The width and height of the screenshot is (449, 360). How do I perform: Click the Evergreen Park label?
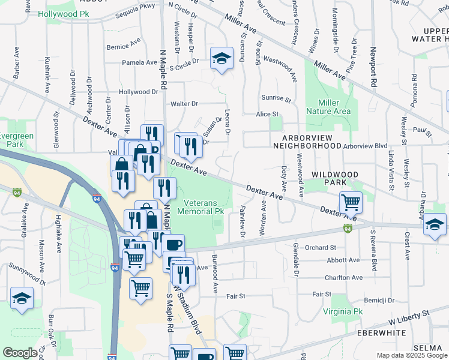click(x=16, y=140)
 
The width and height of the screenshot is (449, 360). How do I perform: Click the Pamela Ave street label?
click(x=139, y=62)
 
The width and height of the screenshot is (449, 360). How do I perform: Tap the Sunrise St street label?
click(x=276, y=98)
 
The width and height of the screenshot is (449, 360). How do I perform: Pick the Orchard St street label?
click(x=320, y=247)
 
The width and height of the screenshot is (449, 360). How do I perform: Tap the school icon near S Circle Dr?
click(x=221, y=59)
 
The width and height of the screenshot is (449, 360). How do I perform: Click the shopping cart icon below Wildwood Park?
click(x=351, y=202)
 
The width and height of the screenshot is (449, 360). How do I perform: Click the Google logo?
click(x=20, y=353)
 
